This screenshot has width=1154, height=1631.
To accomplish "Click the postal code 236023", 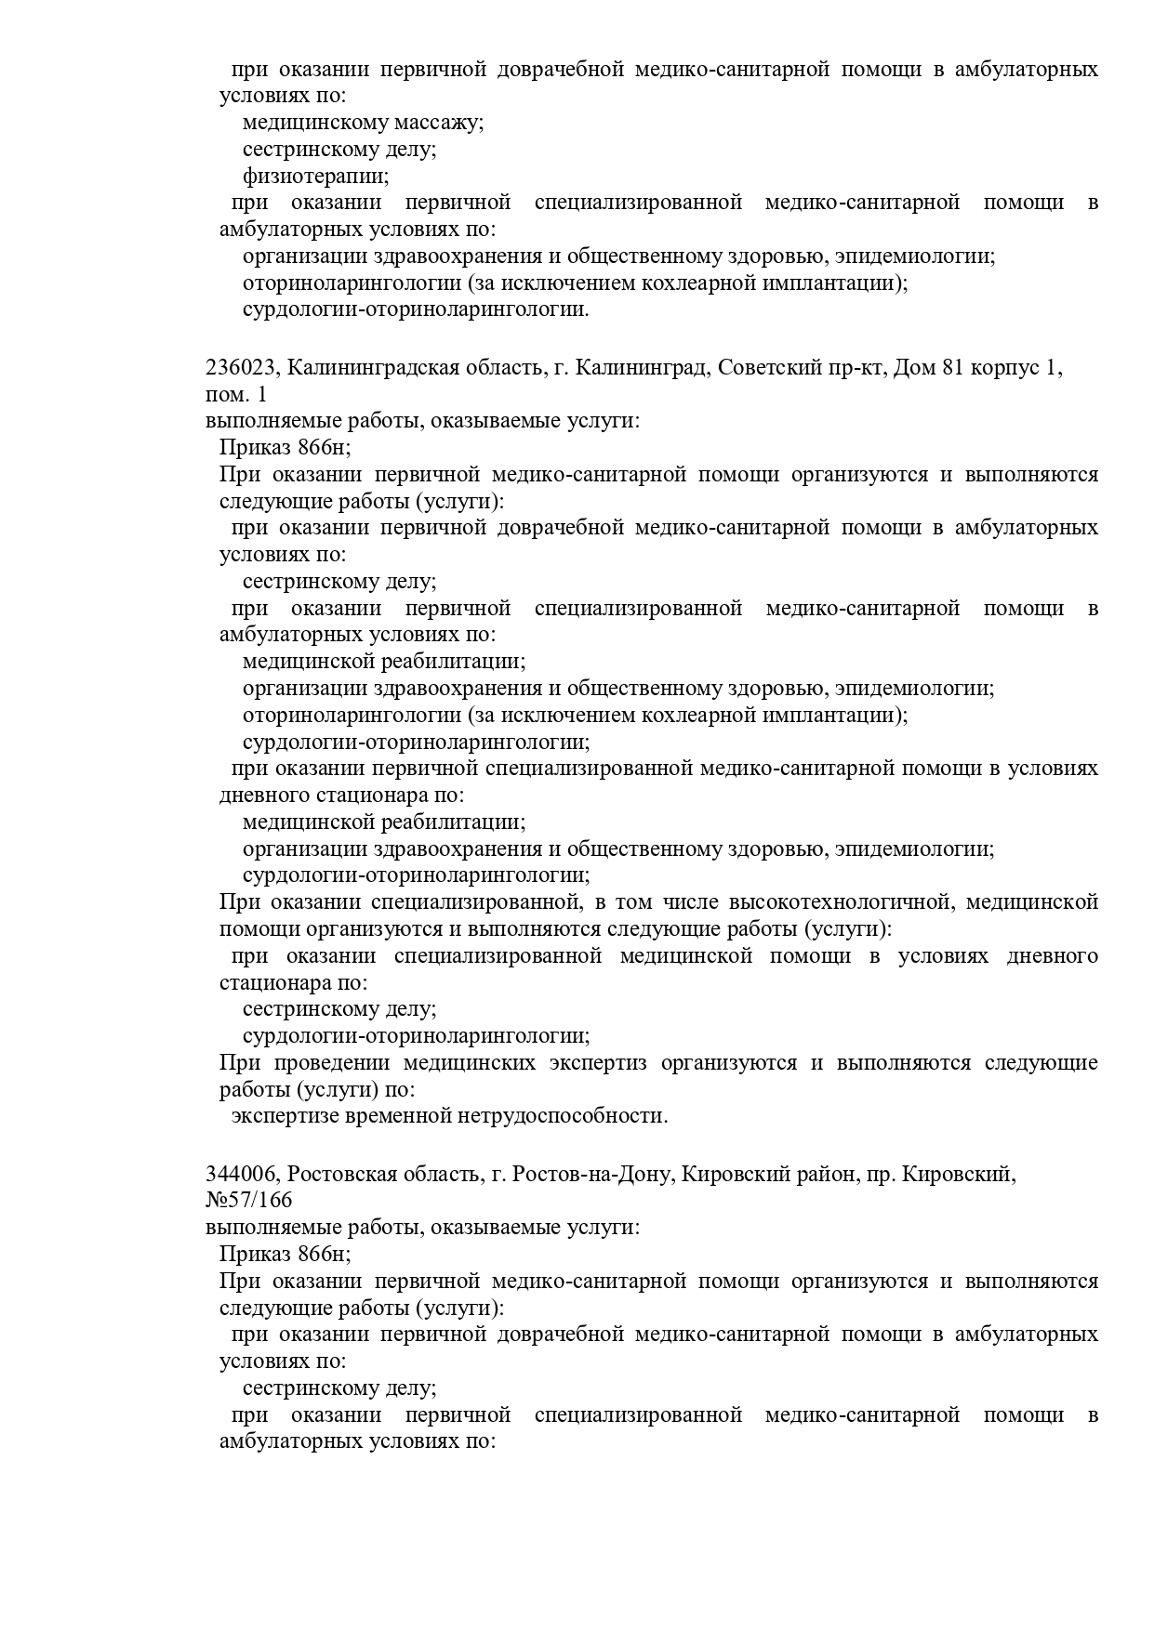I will pyautogui.click(x=241, y=368).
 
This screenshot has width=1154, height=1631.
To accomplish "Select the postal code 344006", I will pyautogui.click(x=241, y=1175).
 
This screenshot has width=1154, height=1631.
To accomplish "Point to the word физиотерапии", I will pyautogui.click(x=315, y=176).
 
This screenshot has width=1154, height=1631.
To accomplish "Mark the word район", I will pyautogui.click(x=816, y=1175).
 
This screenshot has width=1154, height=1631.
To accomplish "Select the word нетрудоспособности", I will pyautogui.click(x=562, y=1115).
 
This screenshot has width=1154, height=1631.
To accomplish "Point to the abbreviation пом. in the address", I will pyautogui.click(x=223, y=395).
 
